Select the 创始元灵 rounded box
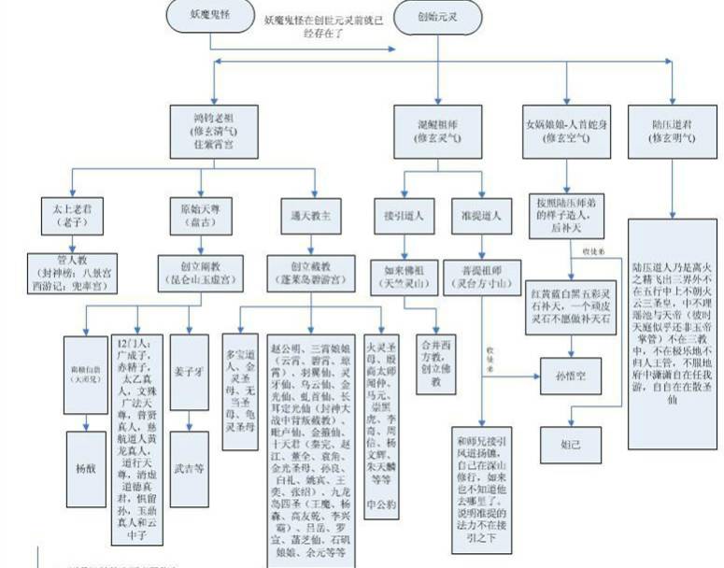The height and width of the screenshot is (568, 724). [438, 15]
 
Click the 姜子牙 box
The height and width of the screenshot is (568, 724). [190, 371]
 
